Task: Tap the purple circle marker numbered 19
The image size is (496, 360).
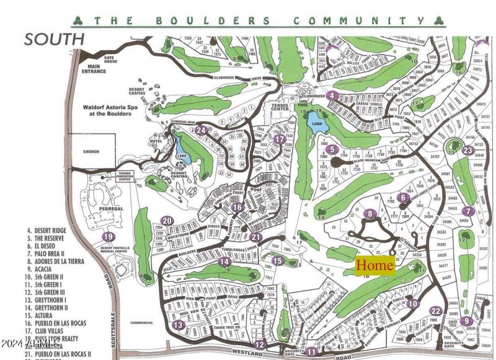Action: coord(108,236)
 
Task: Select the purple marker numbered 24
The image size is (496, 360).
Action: coord(201,130)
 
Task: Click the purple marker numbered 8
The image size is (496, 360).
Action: coord(371,214)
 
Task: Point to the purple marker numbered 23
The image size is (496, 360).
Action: coord(467,150)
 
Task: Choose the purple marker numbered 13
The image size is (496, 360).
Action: coord(178,325)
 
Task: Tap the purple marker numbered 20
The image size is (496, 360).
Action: coord(166,221)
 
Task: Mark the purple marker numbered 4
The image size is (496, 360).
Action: coord(333,95)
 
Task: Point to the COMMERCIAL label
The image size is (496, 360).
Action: coord(142,323)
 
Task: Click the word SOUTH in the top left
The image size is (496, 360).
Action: coord(55,39)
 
